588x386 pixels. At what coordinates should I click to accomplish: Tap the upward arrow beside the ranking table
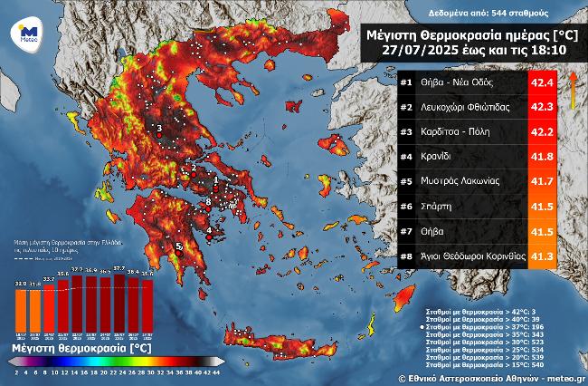(x=573, y=87)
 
